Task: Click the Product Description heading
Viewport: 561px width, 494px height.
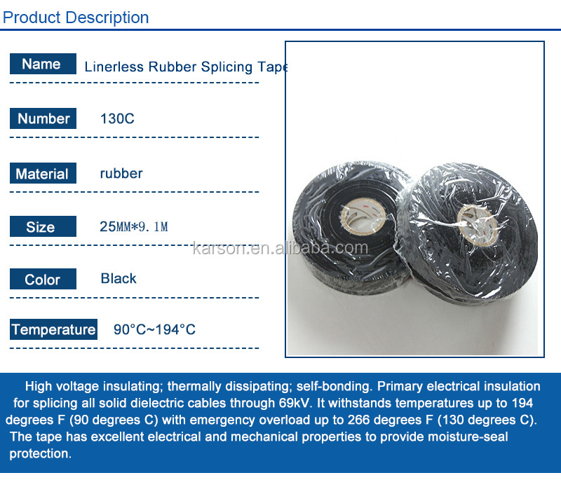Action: click(x=76, y=17)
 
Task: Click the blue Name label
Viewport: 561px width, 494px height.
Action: click(x=42, y=64)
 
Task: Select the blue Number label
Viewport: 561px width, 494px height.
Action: click(x=43, y=118)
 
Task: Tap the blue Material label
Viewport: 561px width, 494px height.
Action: click(x=42, y=174)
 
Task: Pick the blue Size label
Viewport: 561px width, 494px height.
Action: click(x=41, y=227)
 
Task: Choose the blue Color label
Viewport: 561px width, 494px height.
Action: click(x=42, y=280)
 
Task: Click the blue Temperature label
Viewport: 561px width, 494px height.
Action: click(x=53, y=329)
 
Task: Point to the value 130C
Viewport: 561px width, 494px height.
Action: click(x=117, y=118)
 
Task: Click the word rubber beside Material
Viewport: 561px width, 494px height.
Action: click(x=121, y=173)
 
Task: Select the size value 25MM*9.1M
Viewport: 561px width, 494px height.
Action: click(x=134, y=226)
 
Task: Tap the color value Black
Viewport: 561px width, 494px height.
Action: click(x=119, y=278)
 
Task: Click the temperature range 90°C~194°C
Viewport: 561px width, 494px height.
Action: click(x=154, y=329)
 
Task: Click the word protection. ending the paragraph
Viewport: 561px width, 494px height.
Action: click(x=41, y=453)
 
